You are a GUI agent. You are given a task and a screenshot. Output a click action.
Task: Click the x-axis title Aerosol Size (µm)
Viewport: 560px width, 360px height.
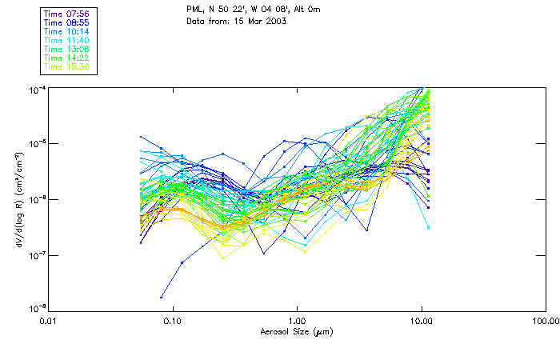point(297,331)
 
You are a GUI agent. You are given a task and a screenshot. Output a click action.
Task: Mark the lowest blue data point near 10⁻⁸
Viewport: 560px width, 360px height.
point(162,297)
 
